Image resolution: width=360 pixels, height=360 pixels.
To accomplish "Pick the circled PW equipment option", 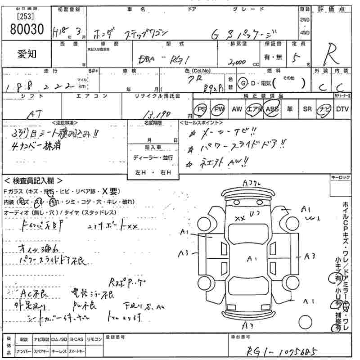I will (219, 109).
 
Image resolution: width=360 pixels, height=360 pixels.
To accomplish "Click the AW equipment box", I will (237, 109).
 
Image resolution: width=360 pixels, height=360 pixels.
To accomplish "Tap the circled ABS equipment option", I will (272, 109).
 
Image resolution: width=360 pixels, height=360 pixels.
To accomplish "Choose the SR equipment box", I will (307, 109).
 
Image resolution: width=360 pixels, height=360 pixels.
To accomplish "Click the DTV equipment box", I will (342, 109).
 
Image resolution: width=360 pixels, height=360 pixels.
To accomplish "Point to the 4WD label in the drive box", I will (305, 32).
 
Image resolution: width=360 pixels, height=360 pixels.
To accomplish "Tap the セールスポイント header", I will (201, 122).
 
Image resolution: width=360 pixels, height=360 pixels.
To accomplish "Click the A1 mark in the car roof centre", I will (252, 258).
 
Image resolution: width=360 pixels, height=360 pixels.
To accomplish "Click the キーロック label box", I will (340, 178).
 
